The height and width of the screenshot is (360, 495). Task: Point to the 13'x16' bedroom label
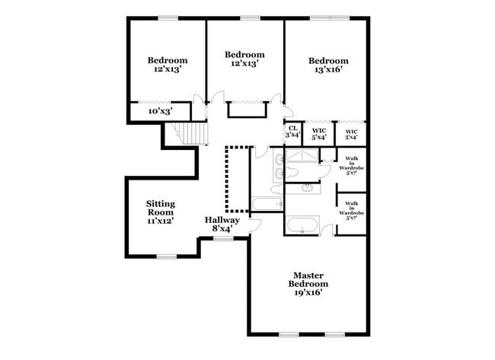click(328, 65)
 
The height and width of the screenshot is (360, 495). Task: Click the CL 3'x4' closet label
click(292, 132)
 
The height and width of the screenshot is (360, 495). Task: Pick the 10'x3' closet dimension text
click(160, 111)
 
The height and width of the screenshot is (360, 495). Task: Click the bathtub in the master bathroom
click(303, 226)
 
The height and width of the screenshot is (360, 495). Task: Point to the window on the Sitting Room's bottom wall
click(168, 255)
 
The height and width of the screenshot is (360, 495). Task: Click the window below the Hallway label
click(223, 239)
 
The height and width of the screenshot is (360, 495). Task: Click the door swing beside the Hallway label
click(255, 225)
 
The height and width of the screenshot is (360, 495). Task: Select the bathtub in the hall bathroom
click(266, 204)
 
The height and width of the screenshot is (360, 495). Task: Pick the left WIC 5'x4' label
click(319, 134)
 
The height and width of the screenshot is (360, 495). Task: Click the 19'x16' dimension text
click(308, 292)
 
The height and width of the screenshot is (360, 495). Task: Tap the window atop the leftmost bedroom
click(168, 18)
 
